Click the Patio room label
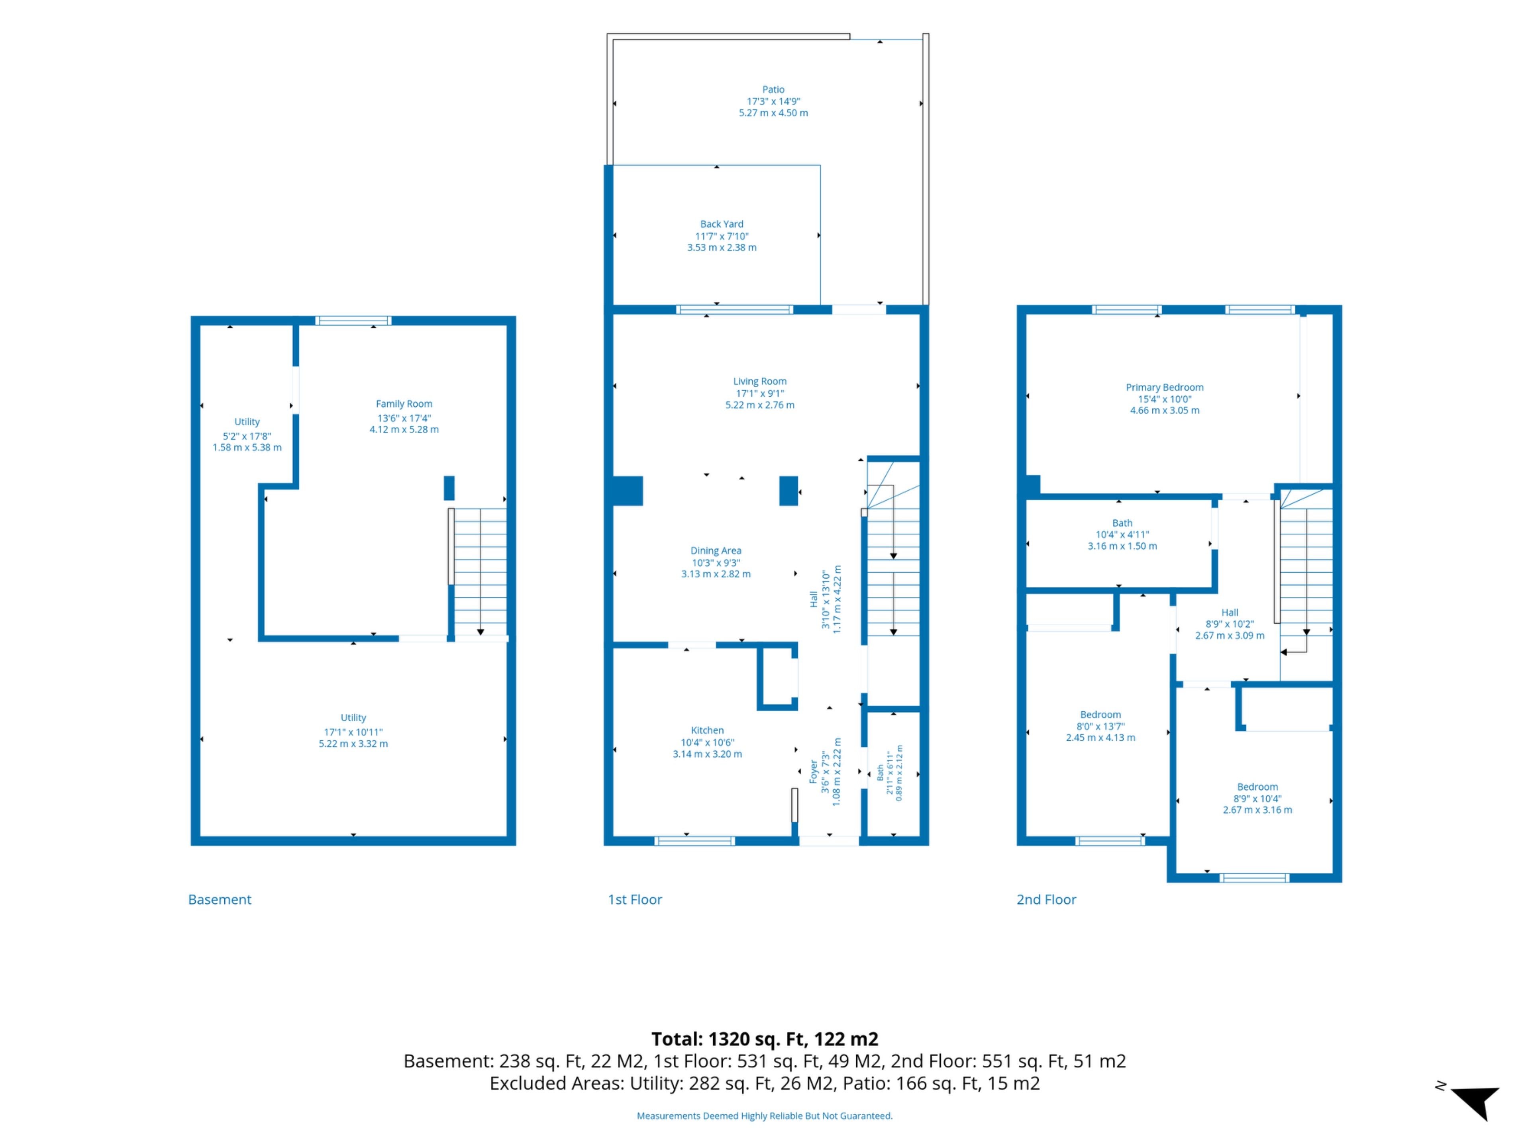pos(773,89)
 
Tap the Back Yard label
pos(722,224)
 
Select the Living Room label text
pos(759,381)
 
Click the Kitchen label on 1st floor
pos(707,730)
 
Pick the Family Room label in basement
pos(404,404)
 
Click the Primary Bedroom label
pos(1164,387)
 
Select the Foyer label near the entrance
pos(814,771)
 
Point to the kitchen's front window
pos(694,841)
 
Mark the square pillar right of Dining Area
pos(789,491)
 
